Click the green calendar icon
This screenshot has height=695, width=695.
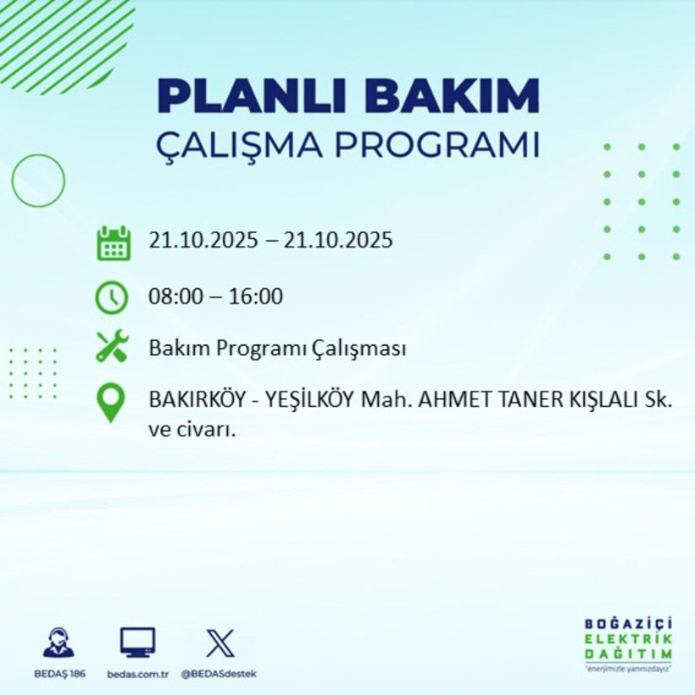(x=113, y=243)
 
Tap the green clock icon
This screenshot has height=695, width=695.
(x=113, y=297)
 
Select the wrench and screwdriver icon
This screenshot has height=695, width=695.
(x=112, y=347)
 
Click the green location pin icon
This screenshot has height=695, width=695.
(x=112, y=403)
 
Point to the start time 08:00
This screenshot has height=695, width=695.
(x=174, y=297)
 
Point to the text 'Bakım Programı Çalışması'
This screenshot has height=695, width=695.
(x=277, y=348)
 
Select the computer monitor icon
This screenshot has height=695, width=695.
(x=137, y=642)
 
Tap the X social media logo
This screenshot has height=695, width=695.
(x=220, y=642)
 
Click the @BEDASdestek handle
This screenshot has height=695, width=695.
(x=219, y=674)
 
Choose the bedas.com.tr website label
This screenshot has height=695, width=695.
(x=138, y=674)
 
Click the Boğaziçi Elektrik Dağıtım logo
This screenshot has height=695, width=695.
(x=628, y=645)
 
